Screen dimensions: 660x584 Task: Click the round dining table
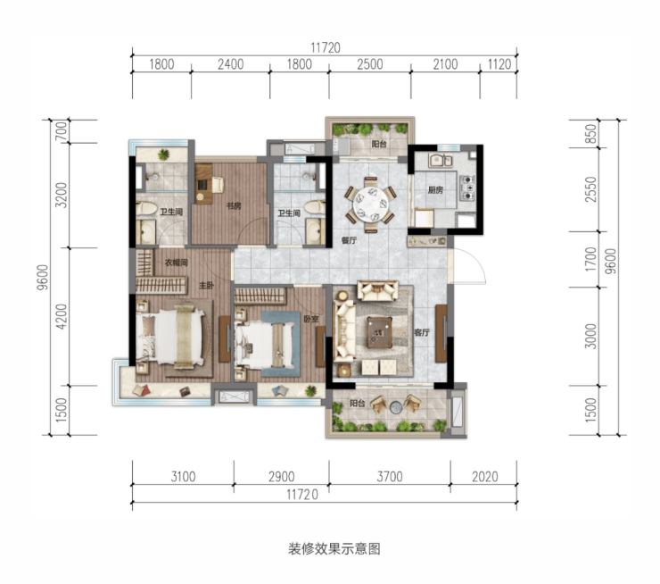click(371, 204)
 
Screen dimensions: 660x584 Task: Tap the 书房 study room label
click(234, 206)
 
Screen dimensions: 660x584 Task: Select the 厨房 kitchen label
click(435, 190)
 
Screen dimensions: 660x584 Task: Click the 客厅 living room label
click(421, 332)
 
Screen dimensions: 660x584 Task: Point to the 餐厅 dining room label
click(350, 240)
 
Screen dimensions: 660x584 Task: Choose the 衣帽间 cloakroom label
click(176, 263)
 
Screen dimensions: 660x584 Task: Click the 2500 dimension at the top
click(370, 64)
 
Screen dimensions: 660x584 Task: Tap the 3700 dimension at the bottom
click(390, 477)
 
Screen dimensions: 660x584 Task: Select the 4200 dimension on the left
click(62, 316)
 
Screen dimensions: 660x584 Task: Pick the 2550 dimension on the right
click(591, 189)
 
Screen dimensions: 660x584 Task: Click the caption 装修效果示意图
click(334, 548)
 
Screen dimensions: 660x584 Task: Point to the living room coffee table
click(379, 332)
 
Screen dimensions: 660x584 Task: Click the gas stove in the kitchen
click(466, 188)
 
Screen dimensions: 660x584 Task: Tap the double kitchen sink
click(441, 161)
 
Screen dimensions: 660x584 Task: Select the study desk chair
click(218, 185)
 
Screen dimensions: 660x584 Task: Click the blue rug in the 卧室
click(281, 344)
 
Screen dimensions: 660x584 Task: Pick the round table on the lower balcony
click(396, 407)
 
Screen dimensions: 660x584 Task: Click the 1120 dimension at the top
click(499, 64)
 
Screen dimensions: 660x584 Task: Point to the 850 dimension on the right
click(591, 134)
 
